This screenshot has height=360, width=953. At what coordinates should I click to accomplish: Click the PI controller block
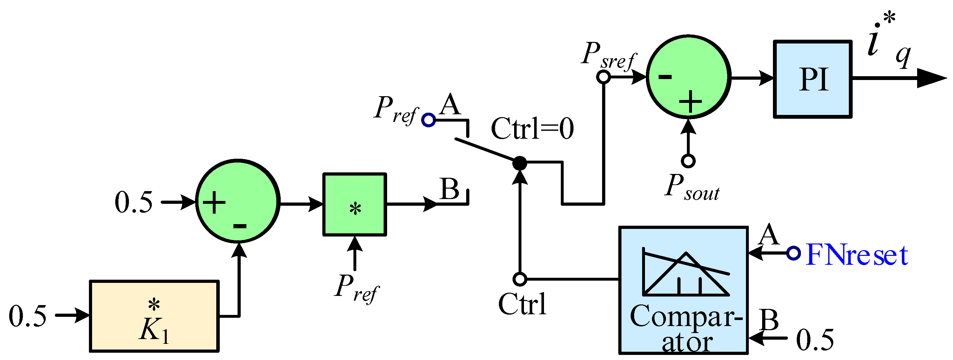coord(813,79)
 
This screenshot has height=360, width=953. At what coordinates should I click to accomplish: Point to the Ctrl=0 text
coord(532,129)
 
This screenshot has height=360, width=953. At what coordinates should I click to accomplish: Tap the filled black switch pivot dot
coord(520,163)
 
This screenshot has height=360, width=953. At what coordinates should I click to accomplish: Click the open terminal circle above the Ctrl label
coord(520,279)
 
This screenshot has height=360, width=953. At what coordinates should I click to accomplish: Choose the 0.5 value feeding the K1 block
coord(28,316)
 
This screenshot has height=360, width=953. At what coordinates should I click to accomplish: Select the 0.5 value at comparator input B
coord(815,340)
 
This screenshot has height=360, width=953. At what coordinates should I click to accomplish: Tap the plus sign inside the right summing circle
coord(690,101)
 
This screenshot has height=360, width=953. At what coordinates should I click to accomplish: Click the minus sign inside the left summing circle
coord(240,226)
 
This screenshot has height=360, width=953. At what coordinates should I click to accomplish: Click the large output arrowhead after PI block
coord(930,78)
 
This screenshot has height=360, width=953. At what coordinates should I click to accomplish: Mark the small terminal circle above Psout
coord(688,161)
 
